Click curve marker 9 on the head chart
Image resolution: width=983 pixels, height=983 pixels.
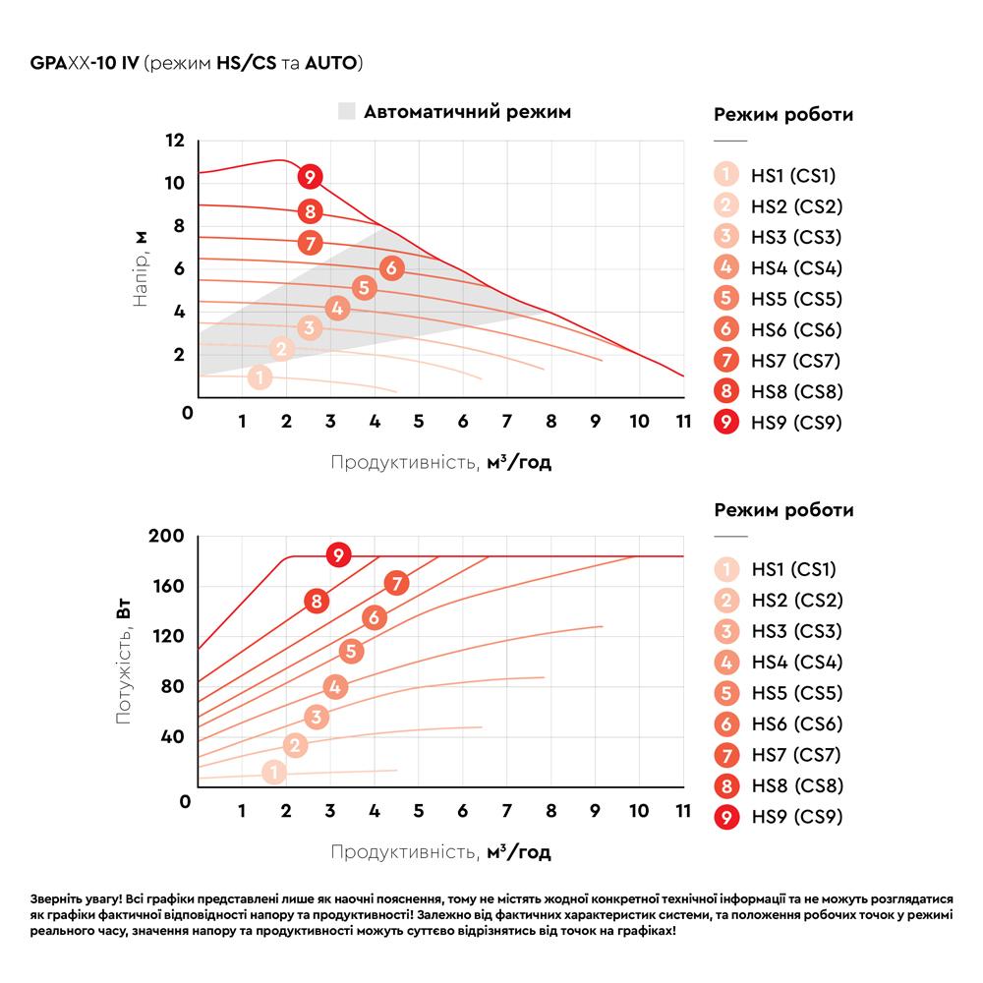click(x=310, y=177)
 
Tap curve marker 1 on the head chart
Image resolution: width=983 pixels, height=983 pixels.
click(x=260, y=376)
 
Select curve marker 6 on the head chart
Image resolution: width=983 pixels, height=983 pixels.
click(x=392, y=267)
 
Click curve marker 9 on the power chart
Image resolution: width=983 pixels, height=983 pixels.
click(x=338, y=554)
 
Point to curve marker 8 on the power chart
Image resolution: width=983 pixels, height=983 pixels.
click(x=317, y=602)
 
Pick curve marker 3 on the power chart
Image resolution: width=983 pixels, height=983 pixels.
click(x=317, y=717)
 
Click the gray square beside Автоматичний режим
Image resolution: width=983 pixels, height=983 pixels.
click(x=347, y=111)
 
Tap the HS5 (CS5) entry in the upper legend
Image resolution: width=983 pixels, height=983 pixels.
click(x=778, y=299)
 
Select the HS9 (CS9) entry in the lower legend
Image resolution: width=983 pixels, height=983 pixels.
click(x=779, y=817)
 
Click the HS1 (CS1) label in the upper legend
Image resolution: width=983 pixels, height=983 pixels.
click(x=793, y=176)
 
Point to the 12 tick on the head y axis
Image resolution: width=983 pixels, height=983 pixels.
click(x=175, y=140)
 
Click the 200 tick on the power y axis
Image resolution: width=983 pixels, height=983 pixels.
click(x=166, y=536)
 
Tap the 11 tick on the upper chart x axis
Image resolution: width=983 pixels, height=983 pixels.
click(x=683, y=421)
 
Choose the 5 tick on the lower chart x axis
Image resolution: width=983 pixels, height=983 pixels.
click(x=419, y=811)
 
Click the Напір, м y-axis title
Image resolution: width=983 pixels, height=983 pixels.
click(x=141, y=269)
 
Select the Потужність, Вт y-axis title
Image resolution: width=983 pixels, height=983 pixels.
click(x=124, y=662)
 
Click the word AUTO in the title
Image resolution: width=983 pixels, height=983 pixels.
click(x=330, y=63)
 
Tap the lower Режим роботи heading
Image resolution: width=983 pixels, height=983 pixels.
click(x=783, y=509)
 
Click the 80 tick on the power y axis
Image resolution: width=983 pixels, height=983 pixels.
click(x=172, y=686)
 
